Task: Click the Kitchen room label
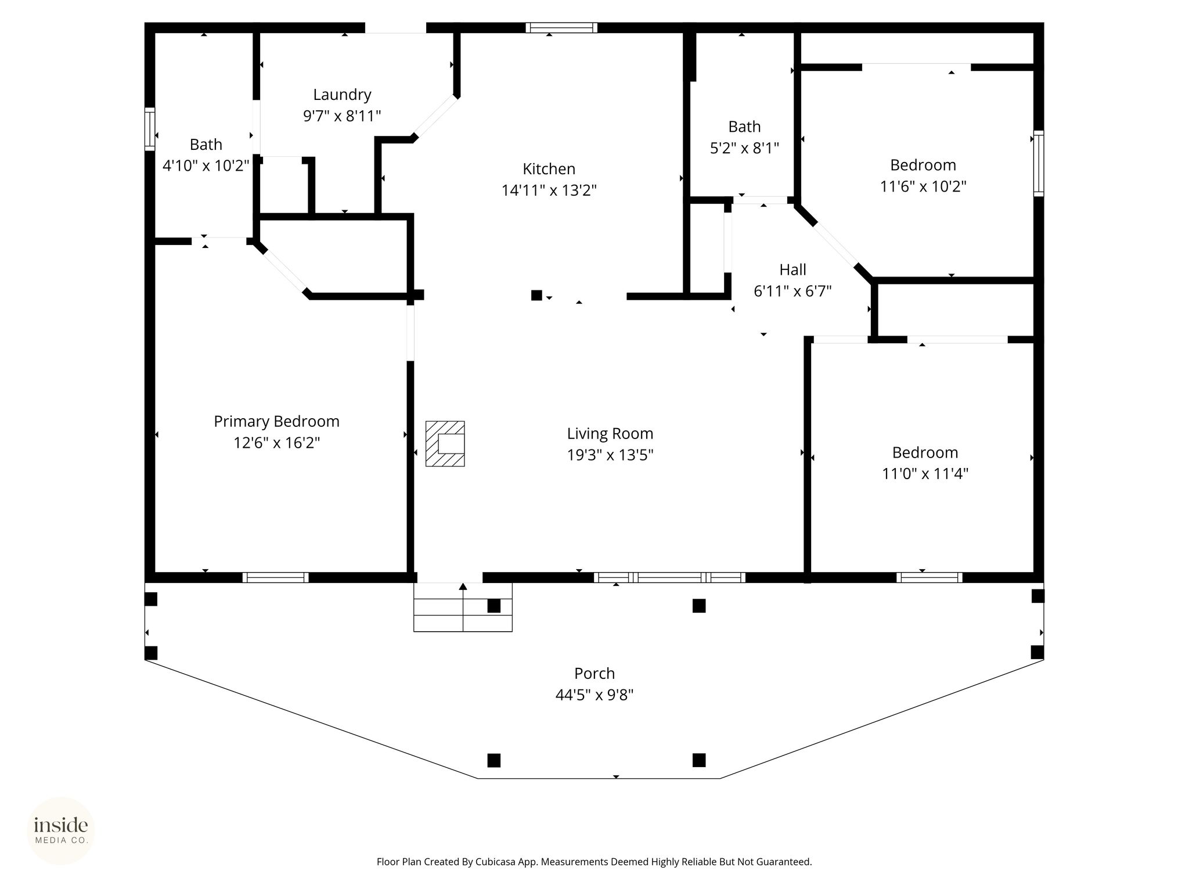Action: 549,169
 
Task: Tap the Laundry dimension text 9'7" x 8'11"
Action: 342,116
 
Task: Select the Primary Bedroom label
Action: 276,422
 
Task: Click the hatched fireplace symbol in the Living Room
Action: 445,444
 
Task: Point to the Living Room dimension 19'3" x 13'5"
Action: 610,455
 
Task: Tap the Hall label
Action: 792,269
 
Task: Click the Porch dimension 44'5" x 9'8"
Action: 594,695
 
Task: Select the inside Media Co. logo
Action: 61,830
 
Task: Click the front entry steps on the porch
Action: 463,607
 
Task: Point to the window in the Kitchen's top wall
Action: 561,27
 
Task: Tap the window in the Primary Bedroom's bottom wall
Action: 276,577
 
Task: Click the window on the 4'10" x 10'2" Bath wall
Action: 150,129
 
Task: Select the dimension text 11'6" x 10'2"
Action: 923,187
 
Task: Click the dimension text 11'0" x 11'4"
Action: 925,474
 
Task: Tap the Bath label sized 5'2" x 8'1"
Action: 744,127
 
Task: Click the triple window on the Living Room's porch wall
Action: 669,577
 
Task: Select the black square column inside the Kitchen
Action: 536,295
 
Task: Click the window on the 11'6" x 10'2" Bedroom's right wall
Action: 1039,163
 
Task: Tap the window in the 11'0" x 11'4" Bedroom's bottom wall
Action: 929,577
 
